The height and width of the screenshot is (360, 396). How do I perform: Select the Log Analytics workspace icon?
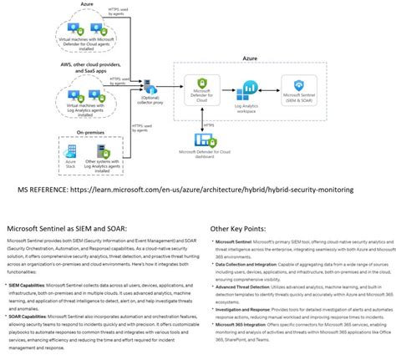(249, 89)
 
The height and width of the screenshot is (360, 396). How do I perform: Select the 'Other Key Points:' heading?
(242, 227)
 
